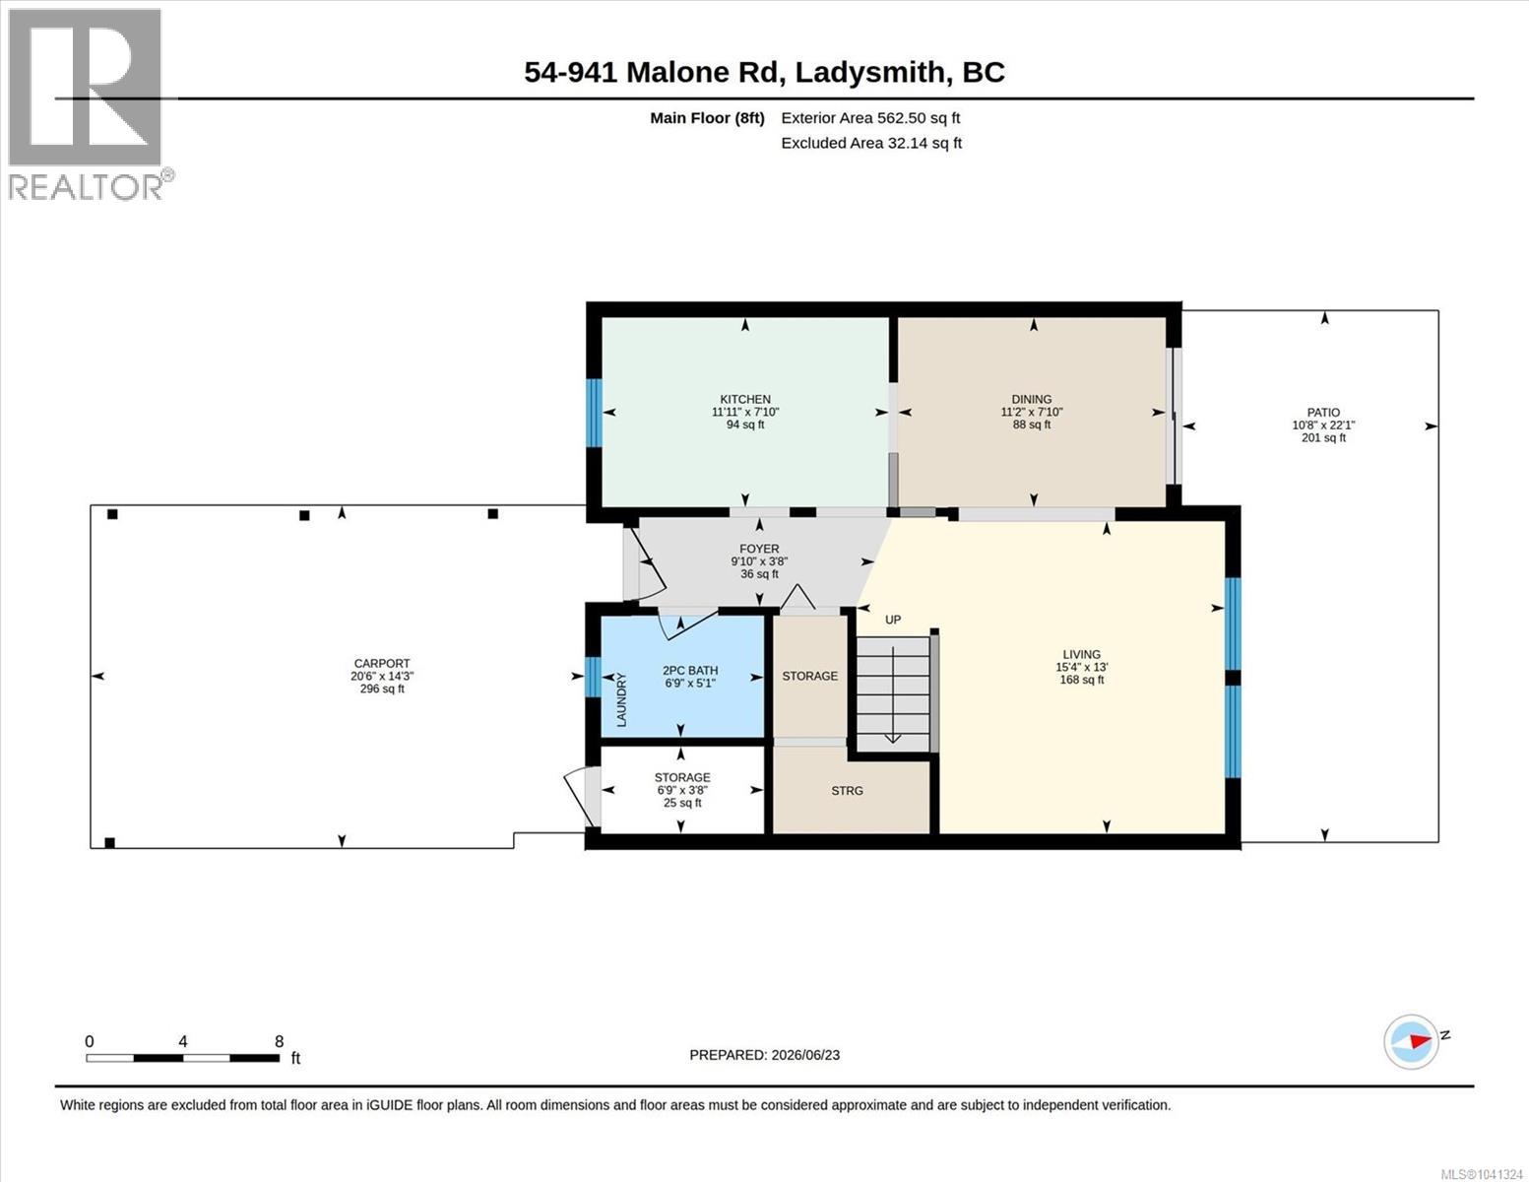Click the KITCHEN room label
coord(745,399)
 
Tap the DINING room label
coord(1032,399)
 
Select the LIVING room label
coord(1081,655)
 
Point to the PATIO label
coord(1323,413)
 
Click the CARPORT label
coord(382,663)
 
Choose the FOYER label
coord(759,549)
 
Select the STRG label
coord(847,791)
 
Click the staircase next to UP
coord(894,694)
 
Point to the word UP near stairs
coord(893,620)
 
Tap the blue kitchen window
coord(595,413)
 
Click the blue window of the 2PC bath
coord(593,677)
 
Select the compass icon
coord(1411,1042)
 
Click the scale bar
coord(183,1058)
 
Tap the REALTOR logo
coord(88,104)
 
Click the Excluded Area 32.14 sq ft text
coord(871,143)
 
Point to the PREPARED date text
coord(765,1055)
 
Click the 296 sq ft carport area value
coord(382,689)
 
